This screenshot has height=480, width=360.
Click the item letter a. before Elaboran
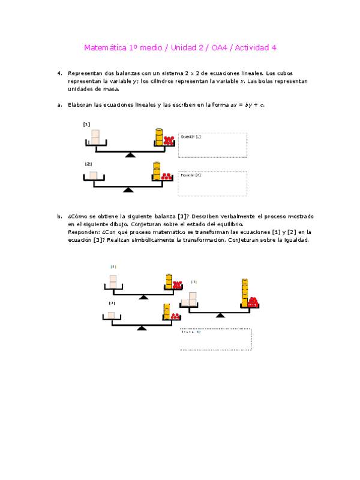tap(60, 105)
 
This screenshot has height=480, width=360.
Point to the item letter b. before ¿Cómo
tap(60, 216)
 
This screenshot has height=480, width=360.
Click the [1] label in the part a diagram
tap(86, 124)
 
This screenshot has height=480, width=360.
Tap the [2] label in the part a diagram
tap(88, 164)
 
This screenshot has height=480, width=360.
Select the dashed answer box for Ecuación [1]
tap(212, 145)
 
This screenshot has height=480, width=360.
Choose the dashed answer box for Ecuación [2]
tap(212, 184)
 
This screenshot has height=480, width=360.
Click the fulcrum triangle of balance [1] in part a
tap(130, 155)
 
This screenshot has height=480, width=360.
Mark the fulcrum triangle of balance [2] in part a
tap(128, 190)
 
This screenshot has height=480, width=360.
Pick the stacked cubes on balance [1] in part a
tap(95, 136)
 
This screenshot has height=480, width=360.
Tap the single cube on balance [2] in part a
tap(93, 175)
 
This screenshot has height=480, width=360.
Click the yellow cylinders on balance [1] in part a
tap(159, 137)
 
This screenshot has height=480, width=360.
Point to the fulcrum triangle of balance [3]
tap(220, 314)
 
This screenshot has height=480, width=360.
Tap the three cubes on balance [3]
tap(190, 299)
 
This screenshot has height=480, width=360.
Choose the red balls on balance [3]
tap(253, 301)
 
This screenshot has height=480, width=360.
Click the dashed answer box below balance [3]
tap(215, 339)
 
